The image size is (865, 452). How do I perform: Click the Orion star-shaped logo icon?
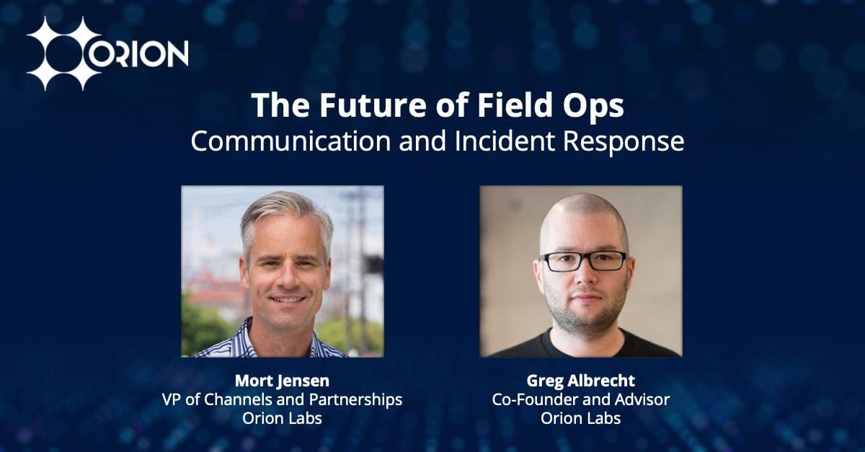[63, 53]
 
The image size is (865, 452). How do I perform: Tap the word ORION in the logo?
[141, 53]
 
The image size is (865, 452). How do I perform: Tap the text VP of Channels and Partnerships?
[282, 399]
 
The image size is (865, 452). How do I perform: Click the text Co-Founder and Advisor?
[580, 399]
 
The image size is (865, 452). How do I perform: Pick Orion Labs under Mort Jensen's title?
[282, 418]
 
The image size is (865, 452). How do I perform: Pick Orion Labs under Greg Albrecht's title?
[580, 418]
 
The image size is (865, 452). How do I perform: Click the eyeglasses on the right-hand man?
[583, 260]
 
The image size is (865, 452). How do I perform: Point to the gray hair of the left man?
[285, 209]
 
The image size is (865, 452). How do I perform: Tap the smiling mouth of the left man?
[287, 298]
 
